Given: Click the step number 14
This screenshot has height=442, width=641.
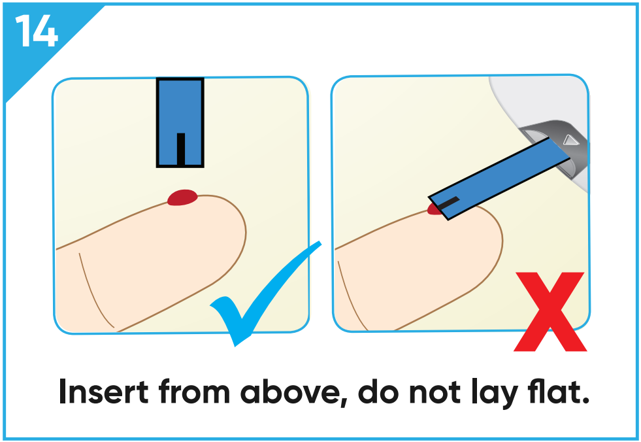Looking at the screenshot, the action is click(x=37, y=31).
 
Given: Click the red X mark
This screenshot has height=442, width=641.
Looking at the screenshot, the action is click(x=550, y=311).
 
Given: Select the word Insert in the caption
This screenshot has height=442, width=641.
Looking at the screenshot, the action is click(x=103, y=392).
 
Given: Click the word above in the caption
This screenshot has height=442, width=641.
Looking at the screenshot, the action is click(x=293, y=392).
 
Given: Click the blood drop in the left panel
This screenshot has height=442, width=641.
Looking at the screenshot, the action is click(x=182, y=197).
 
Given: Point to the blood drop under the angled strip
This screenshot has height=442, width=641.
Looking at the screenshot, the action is click(x=434, y=209).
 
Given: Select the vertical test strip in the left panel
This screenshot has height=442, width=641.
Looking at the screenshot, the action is click(x=180, y=122).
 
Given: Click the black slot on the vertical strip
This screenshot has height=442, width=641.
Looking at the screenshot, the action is click(x=181, y=149).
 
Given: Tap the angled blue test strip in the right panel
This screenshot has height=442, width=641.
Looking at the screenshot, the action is click(x=499, y=178).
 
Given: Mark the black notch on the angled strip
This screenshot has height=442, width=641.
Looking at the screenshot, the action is click(x=449, y=202).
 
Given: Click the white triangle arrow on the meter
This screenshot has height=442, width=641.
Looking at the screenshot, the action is click(x=570, y=140).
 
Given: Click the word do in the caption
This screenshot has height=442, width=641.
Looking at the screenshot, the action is click(x=378, y=392).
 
